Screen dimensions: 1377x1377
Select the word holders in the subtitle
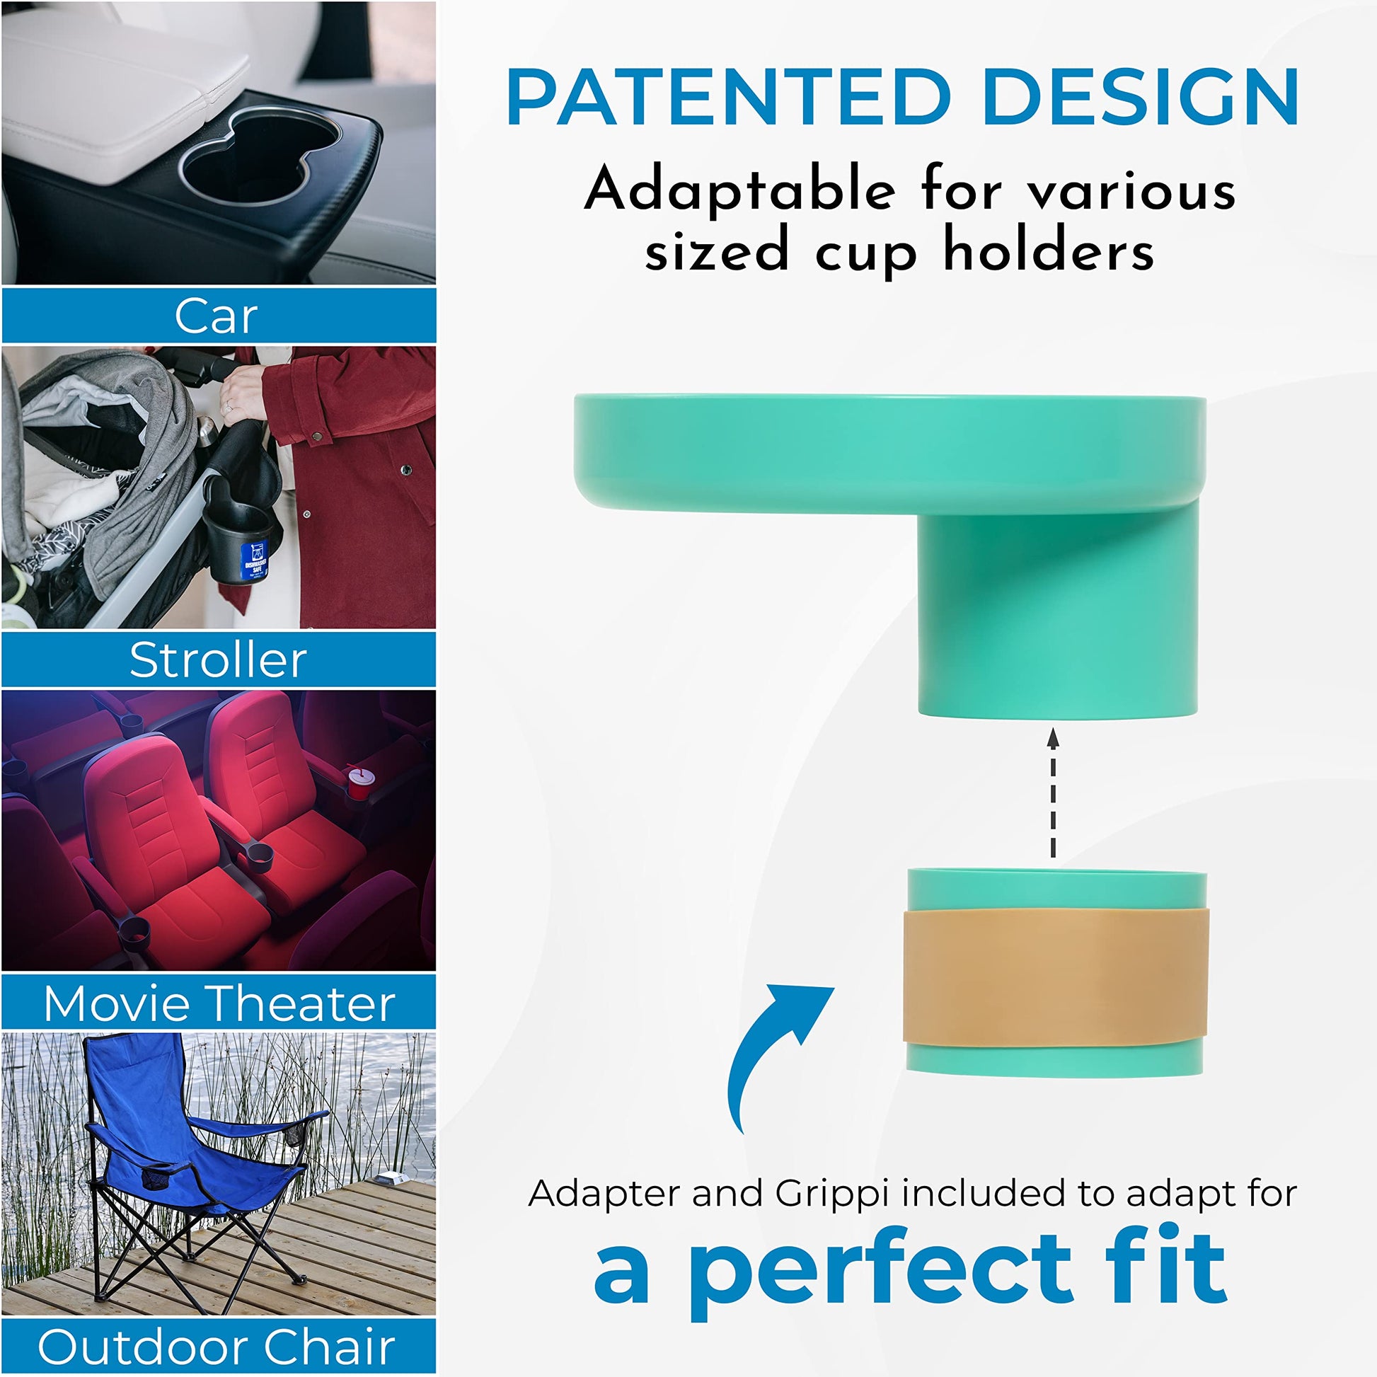point(1049,251)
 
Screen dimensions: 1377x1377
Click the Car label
point(216,316)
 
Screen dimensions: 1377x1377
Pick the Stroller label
point(218,660)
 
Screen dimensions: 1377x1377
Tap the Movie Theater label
point(219,1003)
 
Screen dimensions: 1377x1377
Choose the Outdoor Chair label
point(216,1347)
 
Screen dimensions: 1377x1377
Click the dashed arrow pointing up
point(1053,793)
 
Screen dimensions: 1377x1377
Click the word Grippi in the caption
point(831,1194)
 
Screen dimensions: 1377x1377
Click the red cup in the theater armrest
point(359,783)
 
